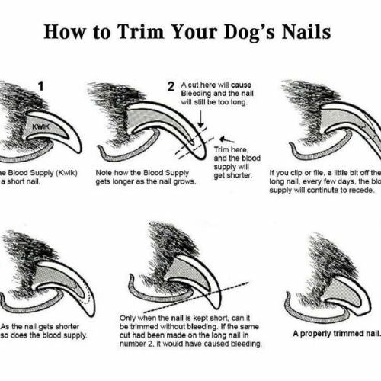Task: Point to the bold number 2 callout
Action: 171,87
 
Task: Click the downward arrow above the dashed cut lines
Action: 200,117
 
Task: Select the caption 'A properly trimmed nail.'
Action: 335,333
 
